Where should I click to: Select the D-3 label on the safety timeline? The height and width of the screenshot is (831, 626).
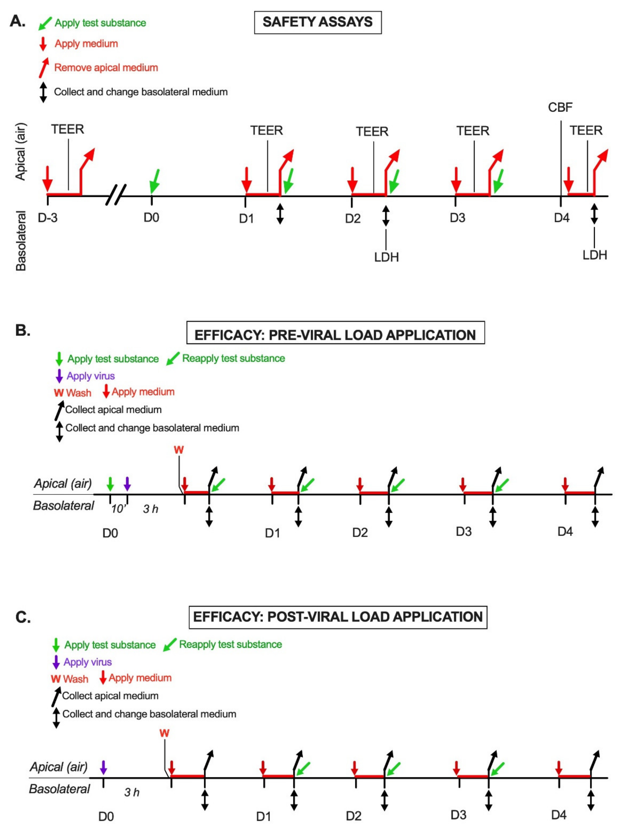48,218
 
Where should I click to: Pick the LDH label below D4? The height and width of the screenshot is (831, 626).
594,255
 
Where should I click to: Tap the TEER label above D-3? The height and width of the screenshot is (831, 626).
68,129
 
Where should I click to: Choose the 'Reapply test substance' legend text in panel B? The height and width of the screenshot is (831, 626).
233,358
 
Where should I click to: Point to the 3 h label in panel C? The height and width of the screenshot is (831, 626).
132,792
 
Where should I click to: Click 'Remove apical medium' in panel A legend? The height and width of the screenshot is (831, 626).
106,68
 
